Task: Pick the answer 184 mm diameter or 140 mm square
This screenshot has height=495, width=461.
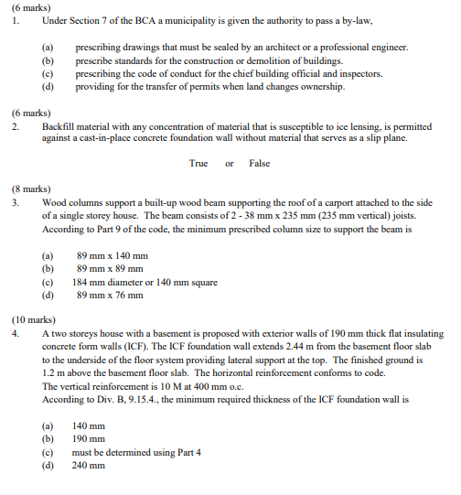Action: (146, 282)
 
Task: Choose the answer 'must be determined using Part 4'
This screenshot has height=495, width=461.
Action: (135, 452)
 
